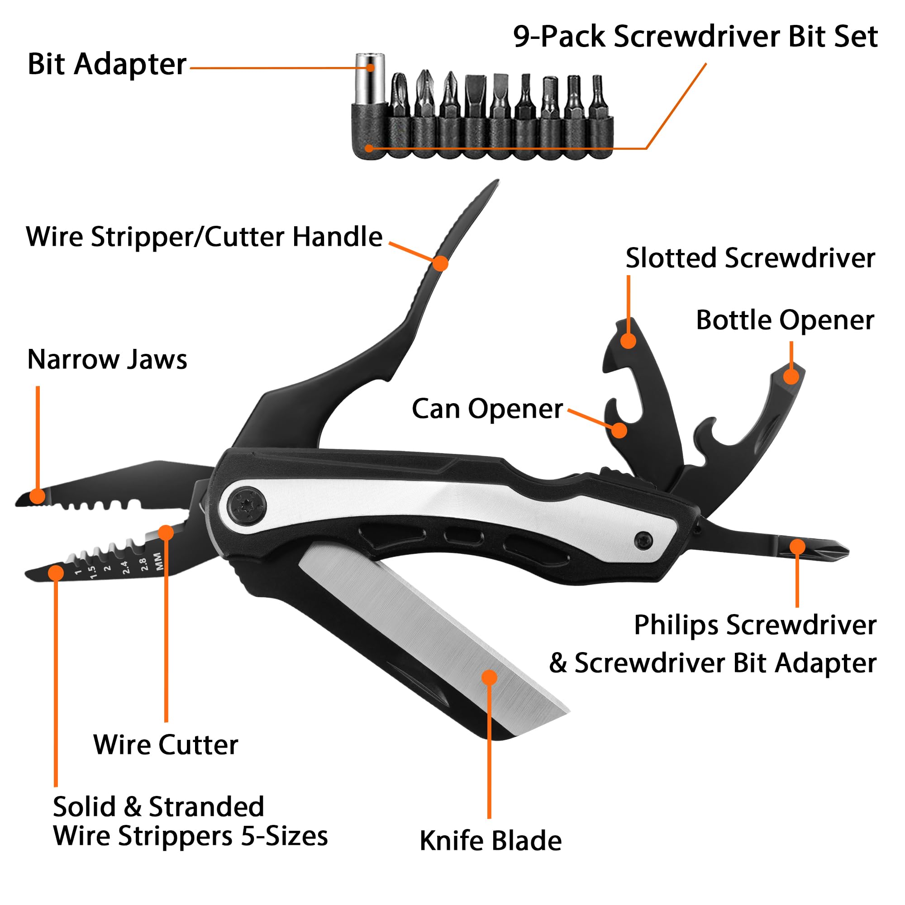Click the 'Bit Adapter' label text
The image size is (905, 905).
[x=107, y=64]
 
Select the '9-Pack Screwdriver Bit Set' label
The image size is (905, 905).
[x=695, y=37]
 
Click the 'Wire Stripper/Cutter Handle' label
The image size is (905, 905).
[x=204, y=237]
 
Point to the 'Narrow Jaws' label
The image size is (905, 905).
[x=107, y=360]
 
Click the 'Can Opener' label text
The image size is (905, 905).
[x=487, y=409]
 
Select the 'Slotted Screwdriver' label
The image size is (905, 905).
[x=750, y=258]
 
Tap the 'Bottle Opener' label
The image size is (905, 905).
[x=785, y=320]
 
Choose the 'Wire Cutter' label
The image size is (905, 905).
[x=165, y=745]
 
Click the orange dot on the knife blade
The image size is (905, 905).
[x=489, y=677]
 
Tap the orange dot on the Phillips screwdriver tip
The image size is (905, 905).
[x=797, y=547]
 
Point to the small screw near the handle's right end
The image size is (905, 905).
[x=643, y=541]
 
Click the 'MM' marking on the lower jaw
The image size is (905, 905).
[x=158, y=561]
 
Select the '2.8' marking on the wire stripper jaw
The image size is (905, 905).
[x=143, y=564]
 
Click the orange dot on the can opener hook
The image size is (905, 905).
[x=619, y=430]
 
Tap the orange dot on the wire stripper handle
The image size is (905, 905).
[x=440, y=263]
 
